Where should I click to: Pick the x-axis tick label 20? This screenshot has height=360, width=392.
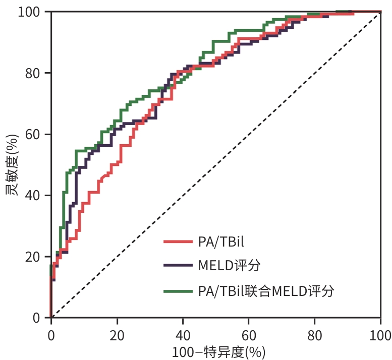pos(117,336)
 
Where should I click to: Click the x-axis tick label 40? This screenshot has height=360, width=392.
pos(183,336)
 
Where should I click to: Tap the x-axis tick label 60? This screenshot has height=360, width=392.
pos(248,336)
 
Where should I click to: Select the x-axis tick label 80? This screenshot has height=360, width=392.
pos(314,336)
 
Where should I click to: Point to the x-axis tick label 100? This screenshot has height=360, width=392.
pos(379,336)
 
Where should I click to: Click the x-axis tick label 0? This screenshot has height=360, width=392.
pos(51,336)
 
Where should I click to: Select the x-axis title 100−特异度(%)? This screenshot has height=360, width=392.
pos(218,352)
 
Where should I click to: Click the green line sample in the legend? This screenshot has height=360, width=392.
pos(178,291)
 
